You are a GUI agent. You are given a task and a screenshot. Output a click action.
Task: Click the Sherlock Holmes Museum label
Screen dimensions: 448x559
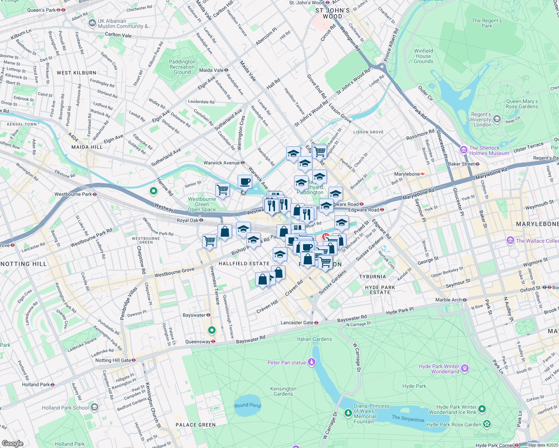point(489,150)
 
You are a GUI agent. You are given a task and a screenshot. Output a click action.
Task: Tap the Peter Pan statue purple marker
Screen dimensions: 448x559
point(312,362)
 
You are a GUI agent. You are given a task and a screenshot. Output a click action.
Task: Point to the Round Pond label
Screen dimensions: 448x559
point(247,405)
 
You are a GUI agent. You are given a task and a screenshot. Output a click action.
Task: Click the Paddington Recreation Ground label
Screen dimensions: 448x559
point(182,67)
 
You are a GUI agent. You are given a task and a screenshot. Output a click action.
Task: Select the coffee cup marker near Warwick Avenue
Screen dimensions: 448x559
point(245,182)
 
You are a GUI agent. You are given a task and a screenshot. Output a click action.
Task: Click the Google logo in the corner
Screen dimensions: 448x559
point(12,443)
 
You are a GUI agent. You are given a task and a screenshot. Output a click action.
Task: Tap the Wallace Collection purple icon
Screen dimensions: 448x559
point(510,241)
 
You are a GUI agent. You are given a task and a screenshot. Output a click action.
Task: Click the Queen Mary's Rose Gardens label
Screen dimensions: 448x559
point(522,104)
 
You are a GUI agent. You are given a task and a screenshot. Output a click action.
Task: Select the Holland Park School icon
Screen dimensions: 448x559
point(95,407)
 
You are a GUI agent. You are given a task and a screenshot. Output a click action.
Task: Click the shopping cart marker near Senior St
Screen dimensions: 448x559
point(222,190)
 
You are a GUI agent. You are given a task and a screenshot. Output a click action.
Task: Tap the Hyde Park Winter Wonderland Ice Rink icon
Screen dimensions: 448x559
point(482,409)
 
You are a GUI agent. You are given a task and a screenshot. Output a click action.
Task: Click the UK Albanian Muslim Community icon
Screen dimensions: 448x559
point(92,24)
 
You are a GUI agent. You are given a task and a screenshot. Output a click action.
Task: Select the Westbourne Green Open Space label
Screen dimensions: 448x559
point(202,204)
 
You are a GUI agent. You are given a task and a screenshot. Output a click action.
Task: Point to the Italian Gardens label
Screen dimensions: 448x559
point(314,339)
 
